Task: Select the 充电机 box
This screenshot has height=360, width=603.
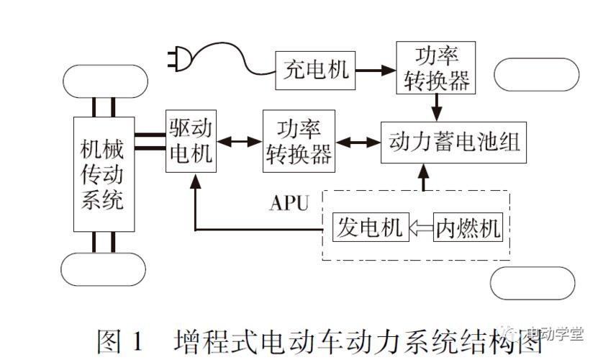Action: coord(314,70)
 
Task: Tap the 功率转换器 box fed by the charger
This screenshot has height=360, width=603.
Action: coord(435,68)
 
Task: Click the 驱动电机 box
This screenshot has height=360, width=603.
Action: coord(191,141)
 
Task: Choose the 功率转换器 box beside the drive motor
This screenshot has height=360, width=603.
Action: coord(299,140)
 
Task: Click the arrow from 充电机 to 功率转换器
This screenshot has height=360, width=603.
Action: coord(374,71)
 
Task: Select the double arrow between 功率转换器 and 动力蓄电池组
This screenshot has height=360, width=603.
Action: coord(357,141)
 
